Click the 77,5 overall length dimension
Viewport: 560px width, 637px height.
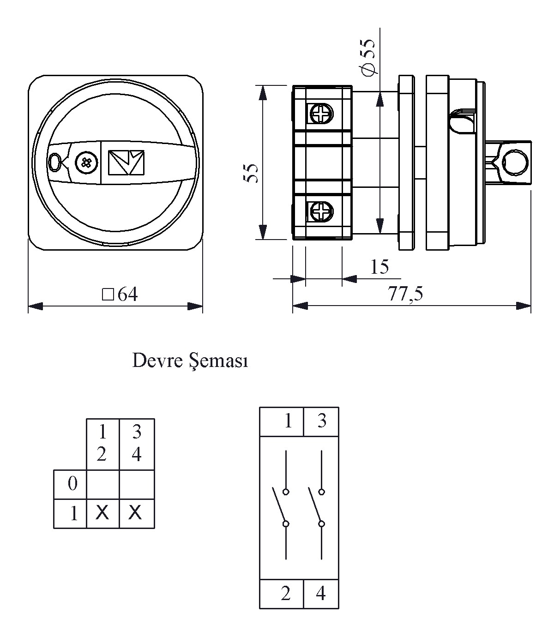tap(406, 294)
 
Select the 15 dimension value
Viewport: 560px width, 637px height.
tap(379, 267)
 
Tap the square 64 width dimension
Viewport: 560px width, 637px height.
tap(120, 294)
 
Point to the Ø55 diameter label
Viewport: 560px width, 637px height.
tap(368, 56)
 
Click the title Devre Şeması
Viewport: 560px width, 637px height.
tap(190, 361)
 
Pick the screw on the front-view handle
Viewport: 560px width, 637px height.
tap(86, 162)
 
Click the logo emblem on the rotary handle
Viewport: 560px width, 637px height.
tap(126, 162)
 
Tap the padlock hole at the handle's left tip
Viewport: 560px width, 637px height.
tap(54, 162)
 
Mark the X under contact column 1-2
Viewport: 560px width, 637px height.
tap(102, 512)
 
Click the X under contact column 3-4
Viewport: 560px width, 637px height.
tap(135, 512)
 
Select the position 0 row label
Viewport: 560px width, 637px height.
tap(72, 484)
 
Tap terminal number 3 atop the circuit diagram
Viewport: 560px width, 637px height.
tap(321, 421)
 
